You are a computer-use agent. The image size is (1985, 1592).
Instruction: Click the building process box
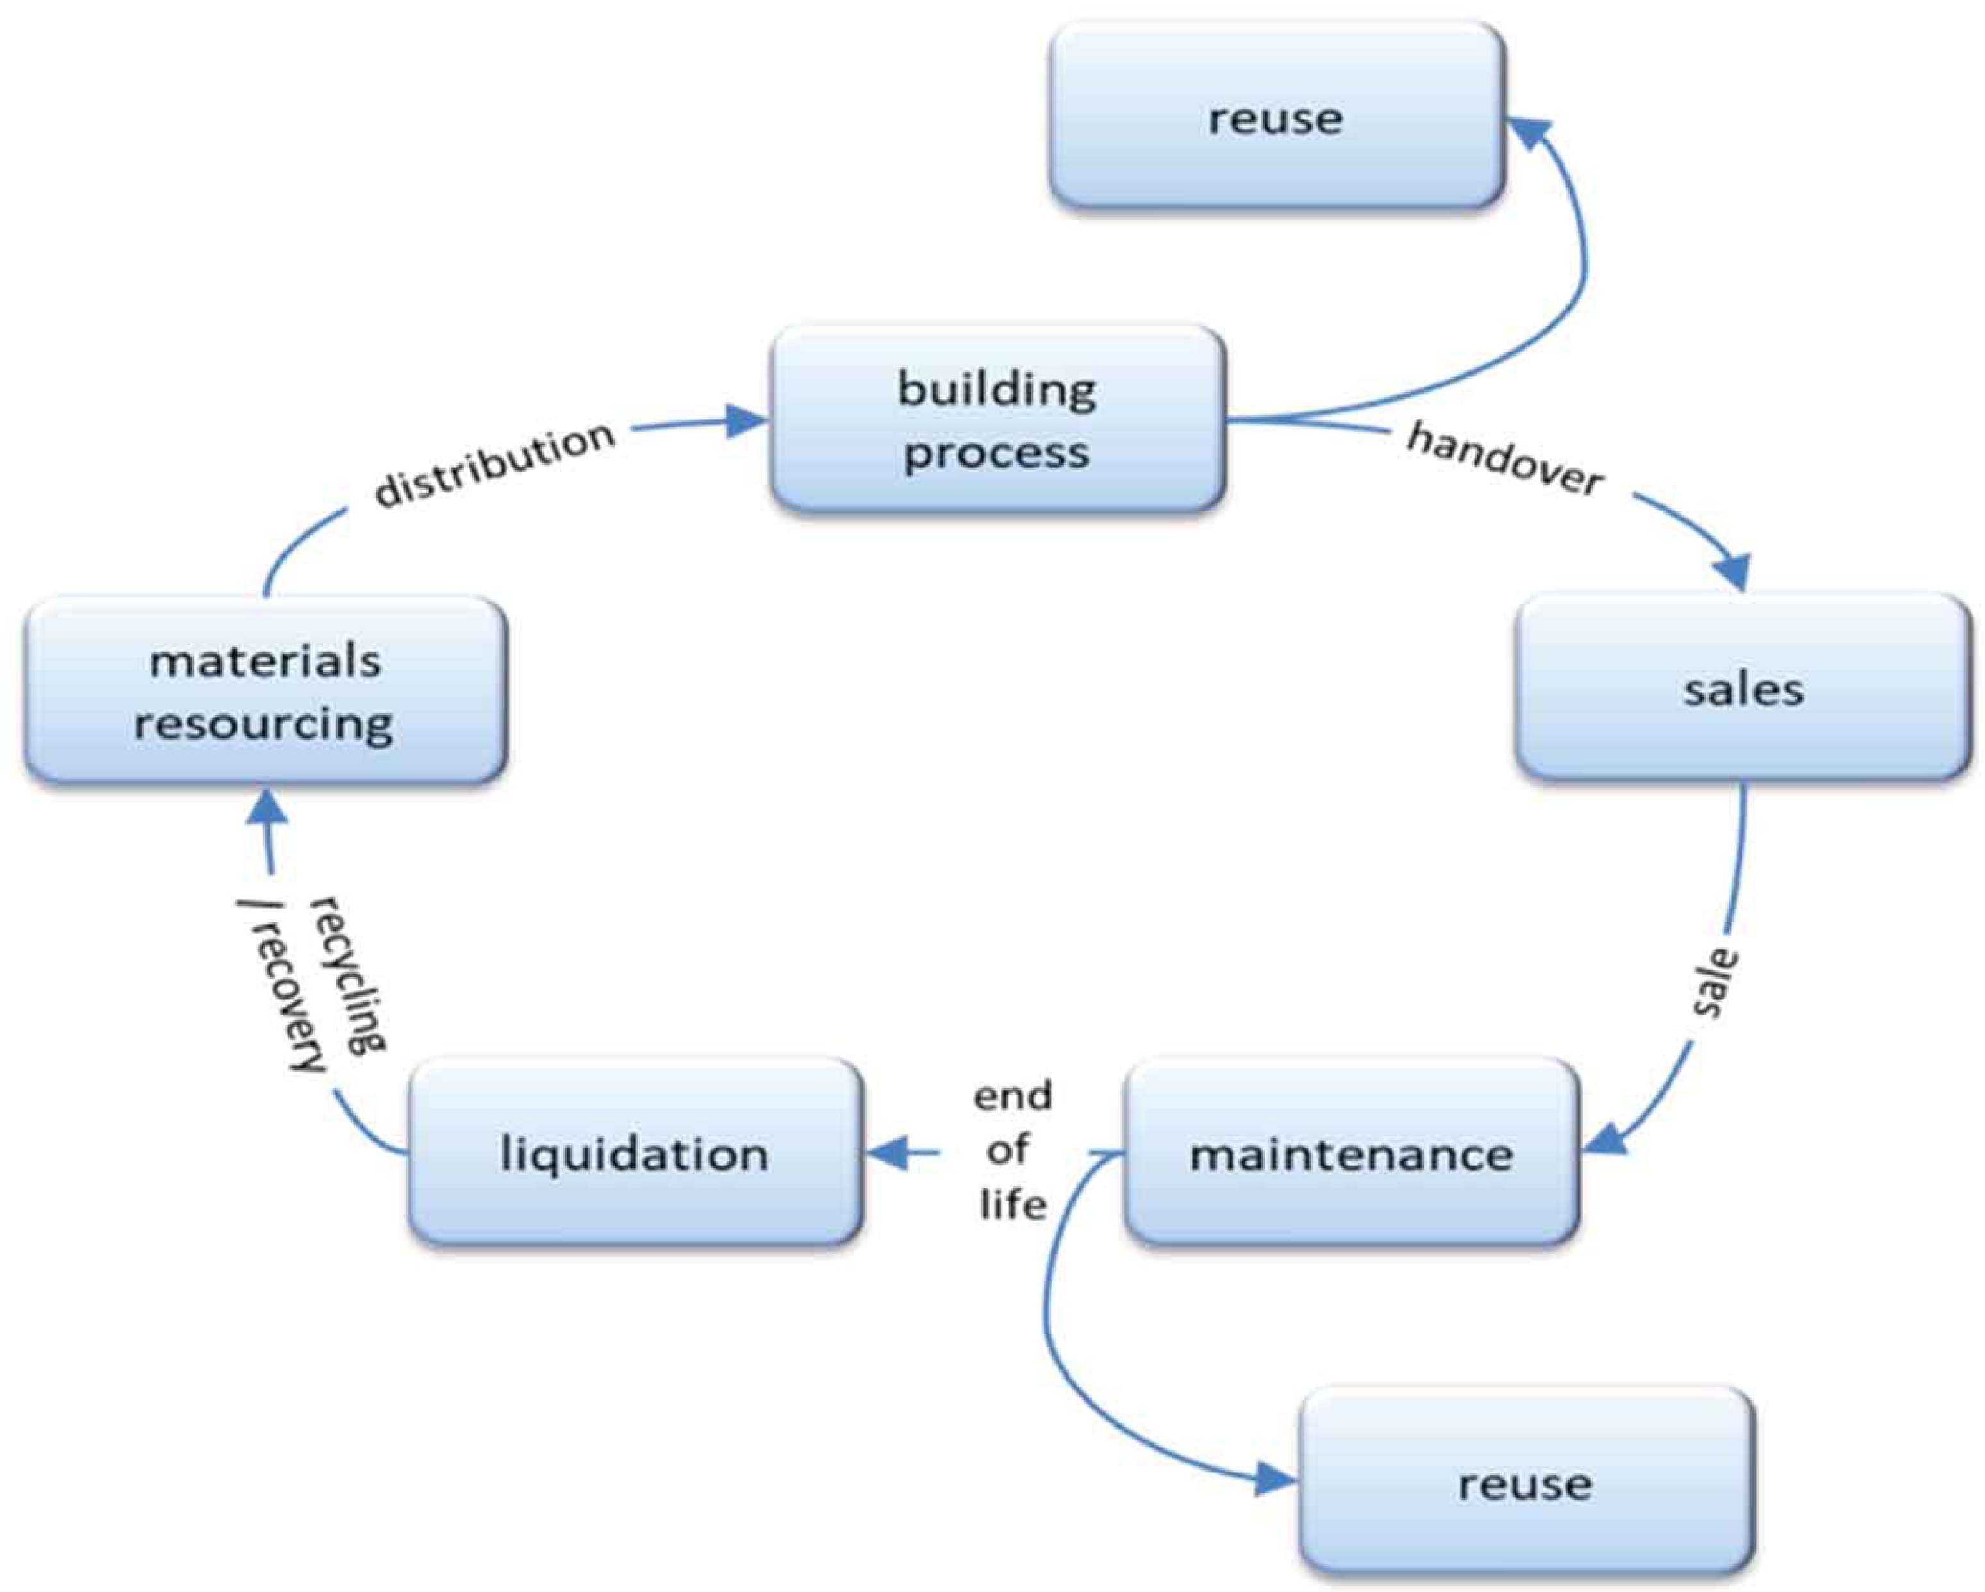[998, 419]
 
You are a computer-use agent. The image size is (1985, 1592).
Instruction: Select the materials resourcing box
[265, 691]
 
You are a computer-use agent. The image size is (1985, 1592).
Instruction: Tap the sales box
[1743, 687]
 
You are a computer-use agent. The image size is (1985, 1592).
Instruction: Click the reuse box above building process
[1277, 116]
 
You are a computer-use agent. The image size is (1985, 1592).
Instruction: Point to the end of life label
[1013, 1150]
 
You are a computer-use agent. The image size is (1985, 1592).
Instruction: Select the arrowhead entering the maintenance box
[1604, 1140]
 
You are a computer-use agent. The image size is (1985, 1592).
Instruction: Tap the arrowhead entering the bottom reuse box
[1276, 1482]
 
